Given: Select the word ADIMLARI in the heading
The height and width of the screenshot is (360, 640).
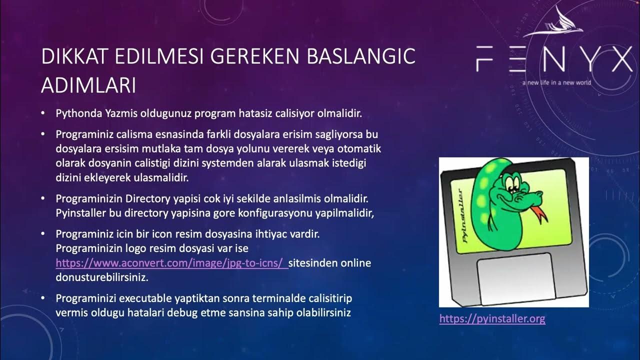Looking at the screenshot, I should coord(88,86).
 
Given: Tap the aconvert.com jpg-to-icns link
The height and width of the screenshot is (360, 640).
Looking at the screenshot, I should coord(171,262).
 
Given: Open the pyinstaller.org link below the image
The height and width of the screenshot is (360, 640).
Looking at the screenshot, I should coord(492,318).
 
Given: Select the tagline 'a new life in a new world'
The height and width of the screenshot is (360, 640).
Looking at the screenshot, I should coord(556,82).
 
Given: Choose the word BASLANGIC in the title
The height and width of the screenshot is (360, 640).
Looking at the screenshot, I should coord(361,56).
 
